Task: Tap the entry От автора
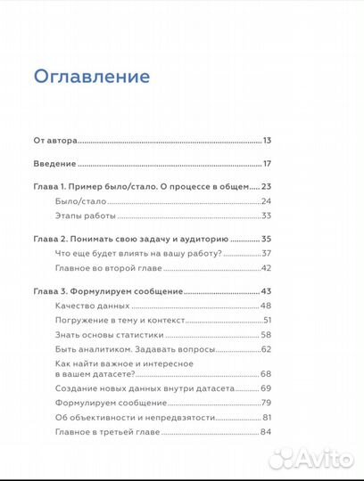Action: click(56, 141)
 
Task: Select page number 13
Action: click(267, 141)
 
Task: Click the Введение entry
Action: click(54, 164)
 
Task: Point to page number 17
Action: click(267, 164)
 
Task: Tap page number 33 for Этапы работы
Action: click(266, 216)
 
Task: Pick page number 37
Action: click(266, 254)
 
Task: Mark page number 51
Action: click(267, 320)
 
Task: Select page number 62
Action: click(266, 348)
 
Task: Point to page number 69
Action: click(266, 389)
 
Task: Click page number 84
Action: click(266, 432)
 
